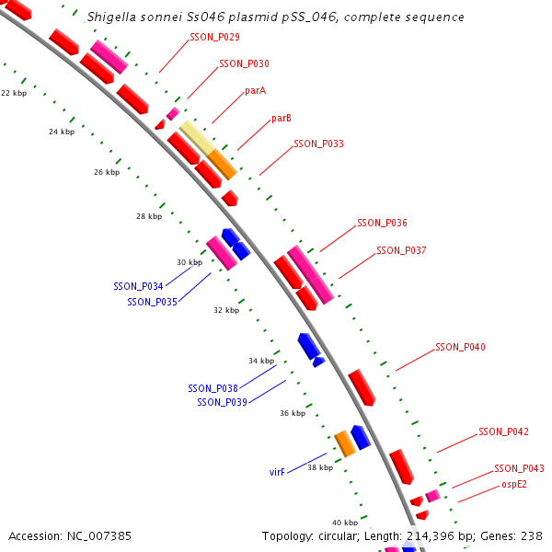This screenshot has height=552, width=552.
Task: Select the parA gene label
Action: pyautogui.click(x=256, y=91)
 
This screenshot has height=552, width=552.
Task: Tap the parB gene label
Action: pyautogui.click(x=282, y=119)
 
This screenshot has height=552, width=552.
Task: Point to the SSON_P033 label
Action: pyautogui.click(x=318, y=144)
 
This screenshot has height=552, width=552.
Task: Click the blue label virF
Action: pyautogui.click(x=277, y=472)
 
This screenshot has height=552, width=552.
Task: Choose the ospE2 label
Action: pyautogui.click(x=514, y=485)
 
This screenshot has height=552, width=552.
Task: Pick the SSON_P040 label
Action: pyautogui.click(x=460, y=348)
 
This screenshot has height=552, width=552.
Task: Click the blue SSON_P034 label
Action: pyautogui.click(x=138, y=287)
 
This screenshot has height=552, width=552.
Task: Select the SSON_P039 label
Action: pyautogui.click(x=222, y=402)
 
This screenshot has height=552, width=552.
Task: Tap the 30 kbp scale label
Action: pyautogui.click(x=189, y=263)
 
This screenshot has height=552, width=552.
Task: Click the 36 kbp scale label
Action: pyautogui.click(x=292, y=414)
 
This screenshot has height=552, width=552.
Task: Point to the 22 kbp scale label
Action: pyautogui.click(x=14, y=94)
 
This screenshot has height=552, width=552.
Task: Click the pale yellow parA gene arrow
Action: pyautogui.click(x=197, y=137)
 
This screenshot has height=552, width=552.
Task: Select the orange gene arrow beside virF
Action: pyautogui.click(x=345, y=443)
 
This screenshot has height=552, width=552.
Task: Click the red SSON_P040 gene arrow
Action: pyautogui.click(x=362, y=387)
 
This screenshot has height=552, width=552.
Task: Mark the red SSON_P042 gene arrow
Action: pyautogui.click(x=401, y=466)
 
